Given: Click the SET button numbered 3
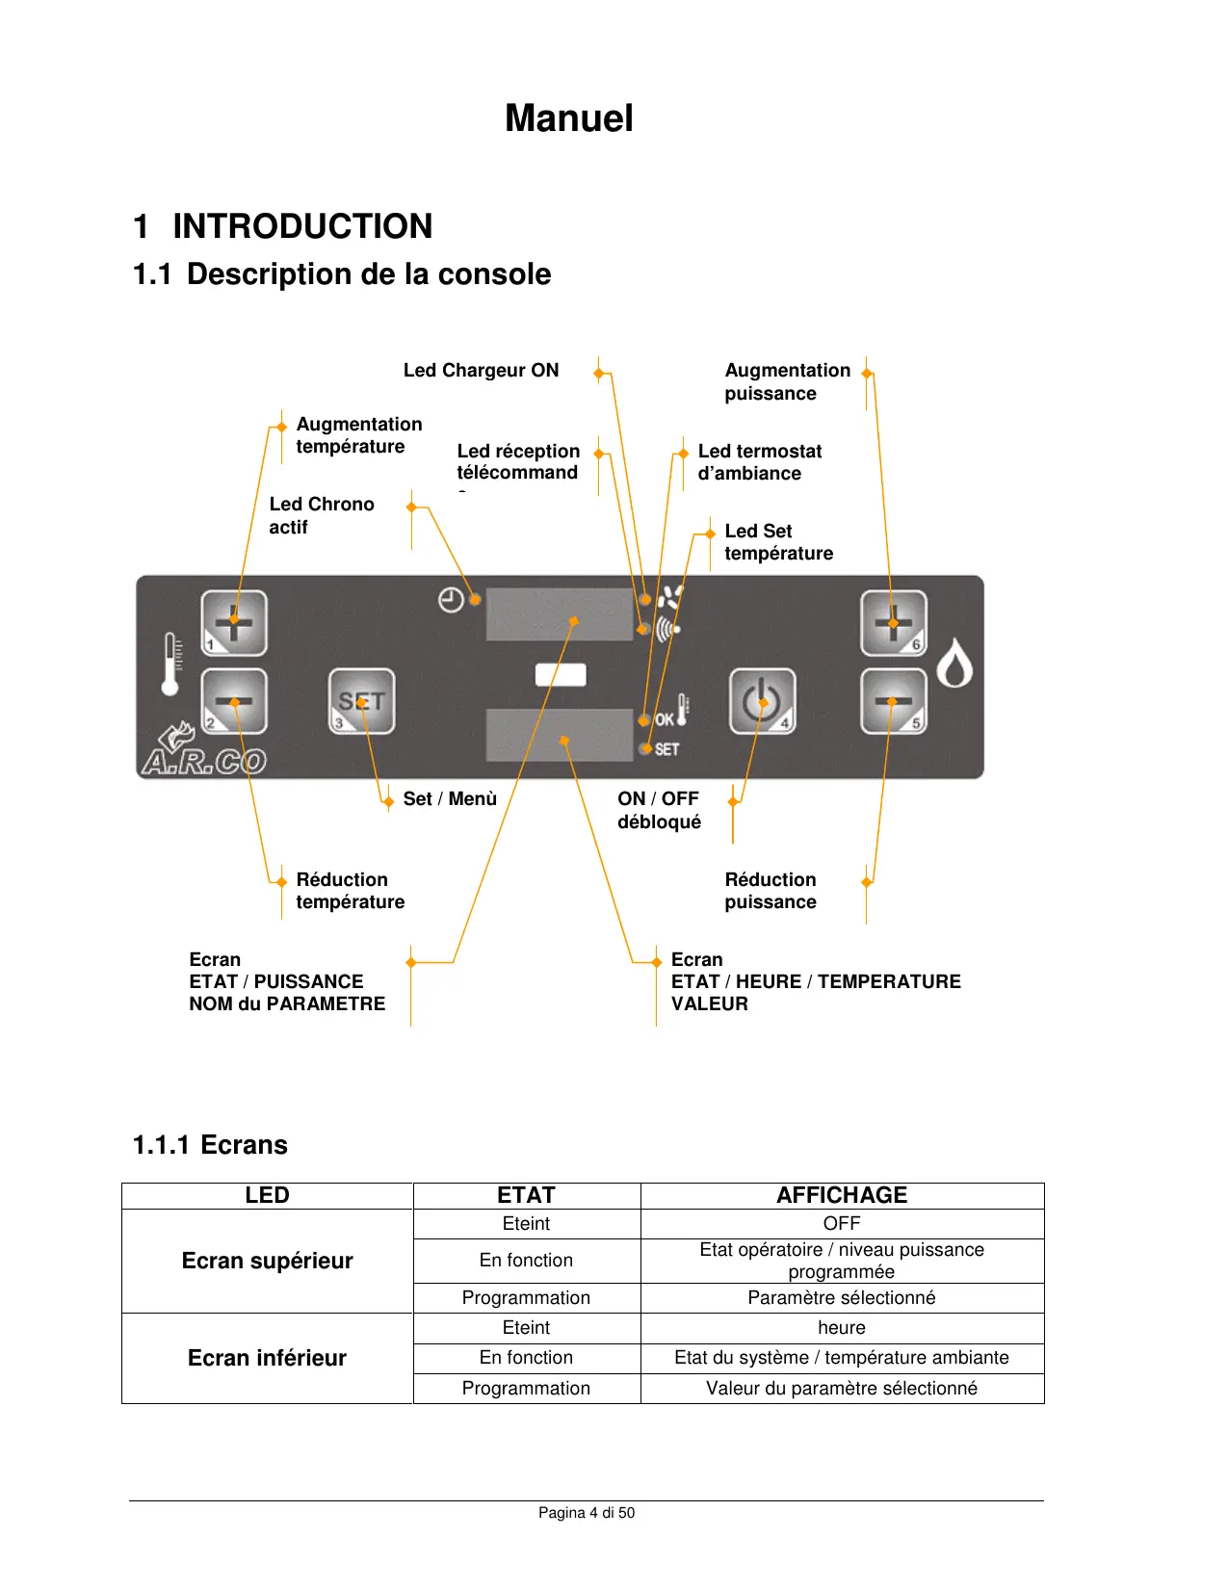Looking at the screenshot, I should [x=361, y=701].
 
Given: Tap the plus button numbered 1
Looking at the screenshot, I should [x=234, y=623].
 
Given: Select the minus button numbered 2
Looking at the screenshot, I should [x=234, y=701].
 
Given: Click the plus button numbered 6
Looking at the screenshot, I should [x=893, y=623].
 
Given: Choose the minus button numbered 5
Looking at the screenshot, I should [x=893, y=701].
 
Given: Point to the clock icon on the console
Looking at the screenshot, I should [x=451, y=600].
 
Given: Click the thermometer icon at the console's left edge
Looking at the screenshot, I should [x=171, y=664].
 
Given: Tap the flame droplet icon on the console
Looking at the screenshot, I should [x=954, y=664].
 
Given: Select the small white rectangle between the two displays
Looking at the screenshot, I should [x=561, y=675].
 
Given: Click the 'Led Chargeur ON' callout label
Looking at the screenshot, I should [x=481, y=371].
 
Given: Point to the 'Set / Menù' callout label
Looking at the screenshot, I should [x=450, y=799].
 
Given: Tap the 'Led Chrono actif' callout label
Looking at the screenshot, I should [x=321, y=515].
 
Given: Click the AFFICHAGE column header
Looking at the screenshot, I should [x=842, y=1195].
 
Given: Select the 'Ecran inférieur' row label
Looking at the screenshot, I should [x=267, y=1358].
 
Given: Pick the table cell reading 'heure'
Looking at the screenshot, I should [x=842, y=1328].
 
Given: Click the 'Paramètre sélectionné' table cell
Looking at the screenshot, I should [x=842, y=1297].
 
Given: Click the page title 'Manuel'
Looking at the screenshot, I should [x=569, y=118].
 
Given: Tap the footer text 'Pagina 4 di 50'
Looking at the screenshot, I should [x=587, y=1513].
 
